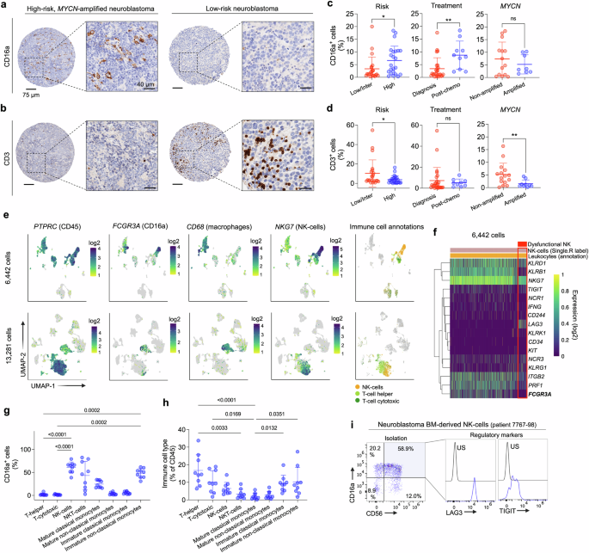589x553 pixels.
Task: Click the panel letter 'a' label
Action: tap(7, 8)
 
